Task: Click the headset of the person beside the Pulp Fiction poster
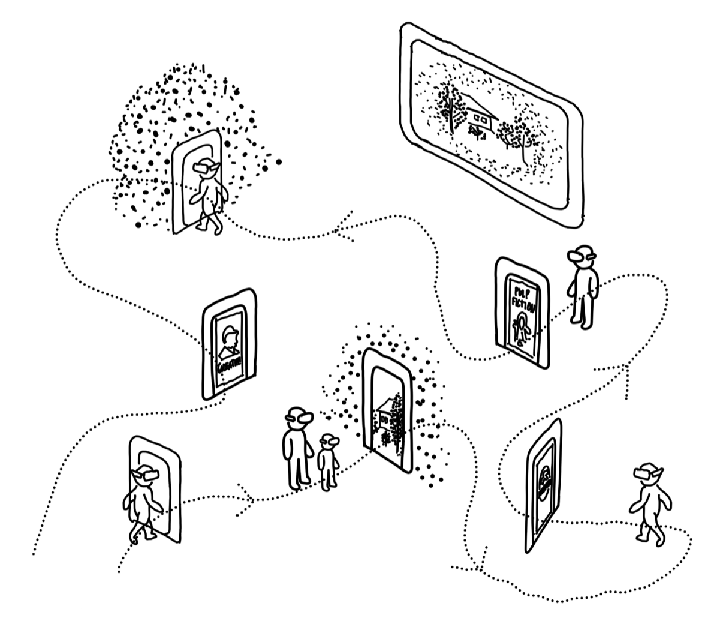(580, 256)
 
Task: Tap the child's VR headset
(329, 443)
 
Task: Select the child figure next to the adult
(328, 462)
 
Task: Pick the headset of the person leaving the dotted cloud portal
(205, 169)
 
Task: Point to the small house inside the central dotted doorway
(387, 412)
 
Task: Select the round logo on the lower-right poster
(545, 480)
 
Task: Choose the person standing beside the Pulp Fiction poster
(583, 288)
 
